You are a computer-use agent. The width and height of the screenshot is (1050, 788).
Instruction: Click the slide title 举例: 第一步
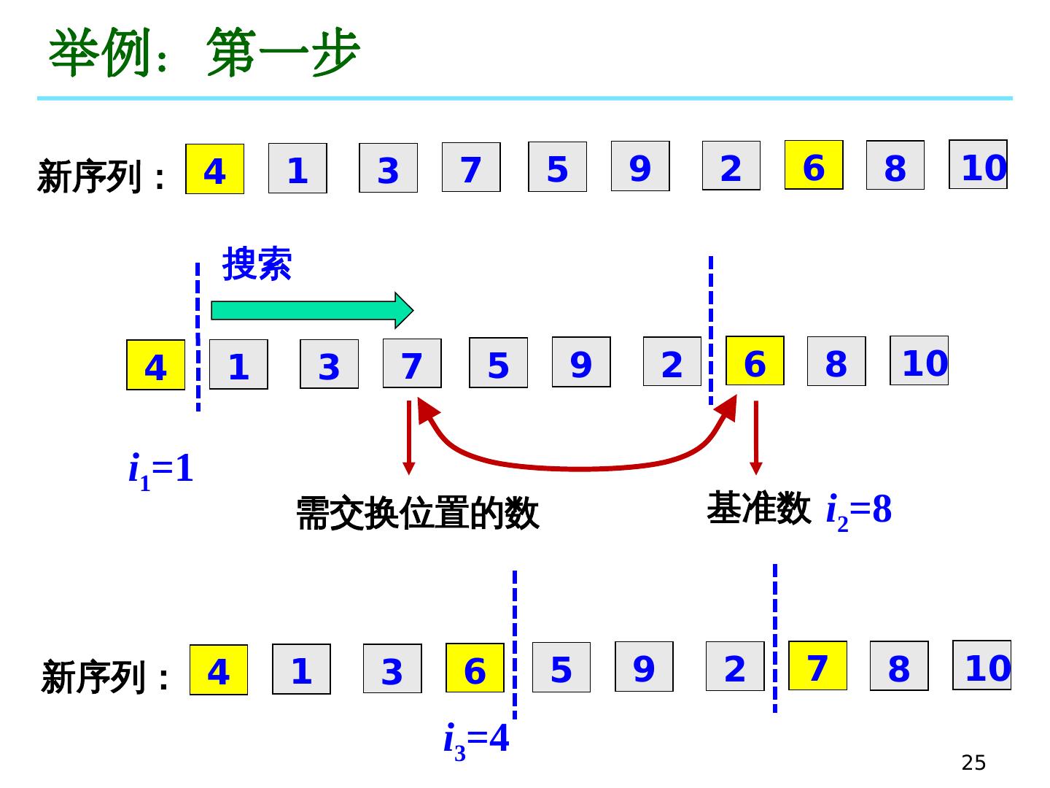tap(204, 54)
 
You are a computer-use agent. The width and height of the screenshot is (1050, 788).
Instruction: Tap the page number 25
tap(973, 762)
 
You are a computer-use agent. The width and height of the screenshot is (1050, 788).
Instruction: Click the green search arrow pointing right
tap(312, 311)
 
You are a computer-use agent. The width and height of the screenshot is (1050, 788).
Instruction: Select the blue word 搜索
tap(257, 264)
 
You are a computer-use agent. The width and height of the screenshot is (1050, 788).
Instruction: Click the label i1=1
tap(161, 470)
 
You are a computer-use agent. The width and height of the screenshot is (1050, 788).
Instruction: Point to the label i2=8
tap(858, 510)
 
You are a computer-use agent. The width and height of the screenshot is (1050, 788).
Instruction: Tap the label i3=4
tap(476, 740)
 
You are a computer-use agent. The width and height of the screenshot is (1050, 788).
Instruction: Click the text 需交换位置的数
tap(417, 513)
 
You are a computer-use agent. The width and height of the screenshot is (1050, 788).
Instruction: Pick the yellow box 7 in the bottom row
tap(817, 666)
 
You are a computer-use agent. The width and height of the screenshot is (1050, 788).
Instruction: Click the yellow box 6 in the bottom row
tap(475, 668)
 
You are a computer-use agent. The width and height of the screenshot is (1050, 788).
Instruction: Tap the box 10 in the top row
tap(978, 165)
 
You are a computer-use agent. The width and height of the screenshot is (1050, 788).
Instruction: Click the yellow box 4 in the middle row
tap(155, 366)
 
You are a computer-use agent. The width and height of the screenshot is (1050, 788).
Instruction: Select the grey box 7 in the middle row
tap(412, 363)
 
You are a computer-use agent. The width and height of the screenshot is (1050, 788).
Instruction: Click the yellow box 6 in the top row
tap(814, 166)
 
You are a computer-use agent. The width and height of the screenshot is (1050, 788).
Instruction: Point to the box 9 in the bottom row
tap(644, 667)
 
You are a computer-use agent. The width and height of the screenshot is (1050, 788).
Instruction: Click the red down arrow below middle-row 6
tap(755, 438)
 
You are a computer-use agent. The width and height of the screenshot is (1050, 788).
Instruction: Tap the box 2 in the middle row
tap(672, 362)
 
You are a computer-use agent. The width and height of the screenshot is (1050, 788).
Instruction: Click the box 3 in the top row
tap(388, 169)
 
